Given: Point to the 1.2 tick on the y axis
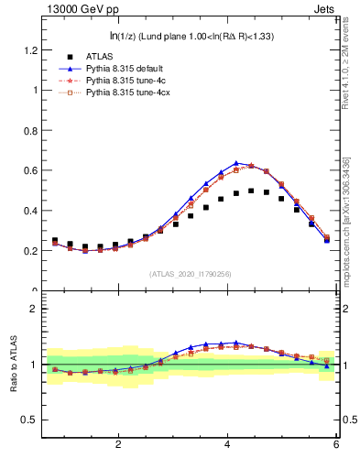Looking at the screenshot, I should [29, 49].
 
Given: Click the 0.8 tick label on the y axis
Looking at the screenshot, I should [29, 130].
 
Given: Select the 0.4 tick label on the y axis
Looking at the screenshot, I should [29, 211].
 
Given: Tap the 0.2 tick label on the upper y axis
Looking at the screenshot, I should [29, 251].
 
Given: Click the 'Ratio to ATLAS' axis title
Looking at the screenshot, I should [14, 365].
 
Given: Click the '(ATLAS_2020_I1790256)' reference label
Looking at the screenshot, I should [190, 273].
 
